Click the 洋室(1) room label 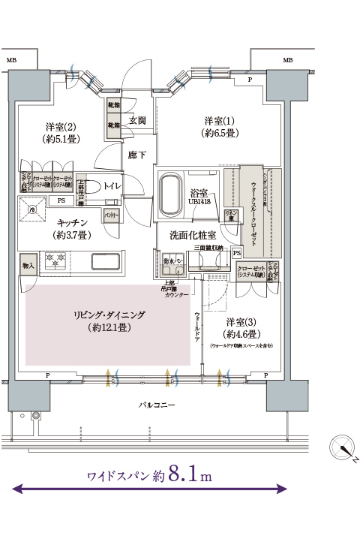point(219,121)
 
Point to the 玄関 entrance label point(136,119)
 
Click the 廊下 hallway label point(136,155)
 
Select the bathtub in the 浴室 point(174,194)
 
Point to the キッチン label point(73,223)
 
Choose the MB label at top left point(10,59)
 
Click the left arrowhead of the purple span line point(16,489)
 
